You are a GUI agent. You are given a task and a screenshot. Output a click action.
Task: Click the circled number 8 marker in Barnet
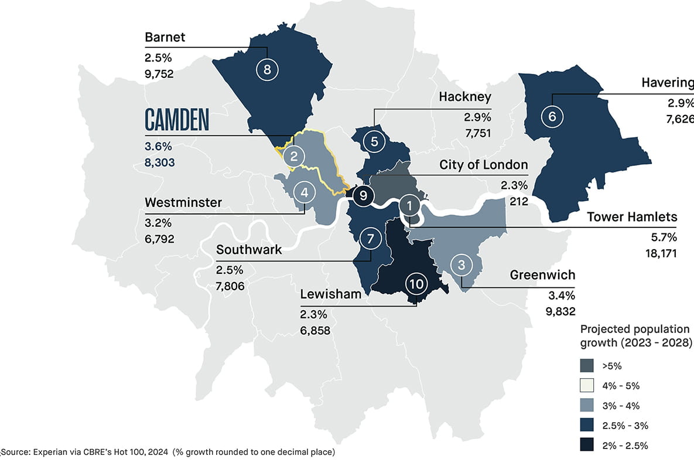267,70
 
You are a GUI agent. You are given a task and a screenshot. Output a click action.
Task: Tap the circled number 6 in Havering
551,116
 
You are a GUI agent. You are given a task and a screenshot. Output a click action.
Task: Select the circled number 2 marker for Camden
295,156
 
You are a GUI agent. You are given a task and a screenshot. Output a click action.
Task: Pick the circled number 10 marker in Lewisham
416,285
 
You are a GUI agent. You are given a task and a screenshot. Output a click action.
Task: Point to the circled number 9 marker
364,196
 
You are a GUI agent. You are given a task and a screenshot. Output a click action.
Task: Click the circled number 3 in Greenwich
461,265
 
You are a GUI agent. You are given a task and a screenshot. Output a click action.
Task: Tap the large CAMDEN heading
176,120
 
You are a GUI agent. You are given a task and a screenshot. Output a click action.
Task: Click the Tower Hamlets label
633,217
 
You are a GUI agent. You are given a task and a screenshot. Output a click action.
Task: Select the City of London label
484,165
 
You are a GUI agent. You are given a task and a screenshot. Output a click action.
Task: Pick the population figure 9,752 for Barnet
159,74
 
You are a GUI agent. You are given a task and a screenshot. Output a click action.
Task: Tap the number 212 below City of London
518,202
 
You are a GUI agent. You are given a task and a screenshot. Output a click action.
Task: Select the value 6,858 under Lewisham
315,331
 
